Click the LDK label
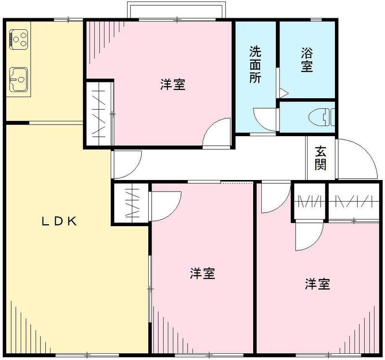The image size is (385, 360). pyautogui.click(x=59, y=221)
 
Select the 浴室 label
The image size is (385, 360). pyautogui.click(x=307, y=59)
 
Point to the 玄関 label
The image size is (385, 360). pyautogui.click(x=321, y=158)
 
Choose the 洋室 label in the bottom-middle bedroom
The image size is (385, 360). pyautogui.click(x=202, y=274)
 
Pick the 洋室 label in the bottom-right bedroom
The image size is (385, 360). pyautogui.click(x=317, y=284)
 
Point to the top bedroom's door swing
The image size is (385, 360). pyautogui.click(x=217, y=132)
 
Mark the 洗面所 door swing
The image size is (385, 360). pyautogui.click(x=265, y=120)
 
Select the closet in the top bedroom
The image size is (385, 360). pyautogui.click(x=100, y=114)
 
